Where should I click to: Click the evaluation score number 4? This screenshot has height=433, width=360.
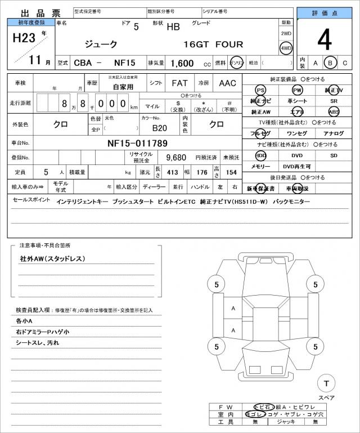(x=324, y=39)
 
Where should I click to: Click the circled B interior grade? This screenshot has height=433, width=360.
(x=330, y=63)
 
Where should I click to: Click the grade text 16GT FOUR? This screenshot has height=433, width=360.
(x=213, y=44)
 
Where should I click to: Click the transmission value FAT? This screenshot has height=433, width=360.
(x=179, y=83)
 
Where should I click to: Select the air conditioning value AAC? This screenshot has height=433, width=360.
(x=227, y=83)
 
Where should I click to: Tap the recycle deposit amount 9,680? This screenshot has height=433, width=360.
(x=176, y=157)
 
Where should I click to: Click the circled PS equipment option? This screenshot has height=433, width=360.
(x=260, y=90)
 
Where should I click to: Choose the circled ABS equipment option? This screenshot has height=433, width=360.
(x=334, y=111)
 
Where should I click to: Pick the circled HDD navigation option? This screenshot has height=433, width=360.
(x=260, y=155)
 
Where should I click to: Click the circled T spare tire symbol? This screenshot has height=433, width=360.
(x=326, y=384)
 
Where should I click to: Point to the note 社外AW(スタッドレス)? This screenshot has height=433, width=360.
(x=52, y=258)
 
